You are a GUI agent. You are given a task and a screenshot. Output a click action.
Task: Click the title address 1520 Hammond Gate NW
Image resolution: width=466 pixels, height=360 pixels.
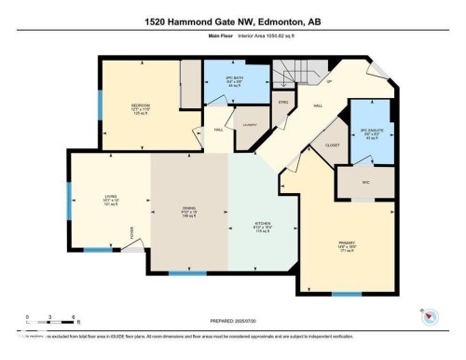tap(233, 21)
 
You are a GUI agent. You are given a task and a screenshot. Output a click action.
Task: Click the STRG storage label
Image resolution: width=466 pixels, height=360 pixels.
tap(281, 103)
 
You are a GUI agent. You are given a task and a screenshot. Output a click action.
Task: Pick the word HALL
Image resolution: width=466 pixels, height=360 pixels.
tap(317, 106)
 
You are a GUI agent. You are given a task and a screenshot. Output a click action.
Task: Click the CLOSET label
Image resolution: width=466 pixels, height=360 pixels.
tap(332, 145)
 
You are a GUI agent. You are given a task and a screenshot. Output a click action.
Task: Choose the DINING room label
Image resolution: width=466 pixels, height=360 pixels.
tap(187, 210)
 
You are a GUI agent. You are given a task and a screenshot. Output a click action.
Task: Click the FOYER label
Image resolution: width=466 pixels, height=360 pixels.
tap(132, 231)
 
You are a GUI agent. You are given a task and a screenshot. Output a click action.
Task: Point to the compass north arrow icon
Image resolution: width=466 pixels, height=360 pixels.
tap(430, 316)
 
